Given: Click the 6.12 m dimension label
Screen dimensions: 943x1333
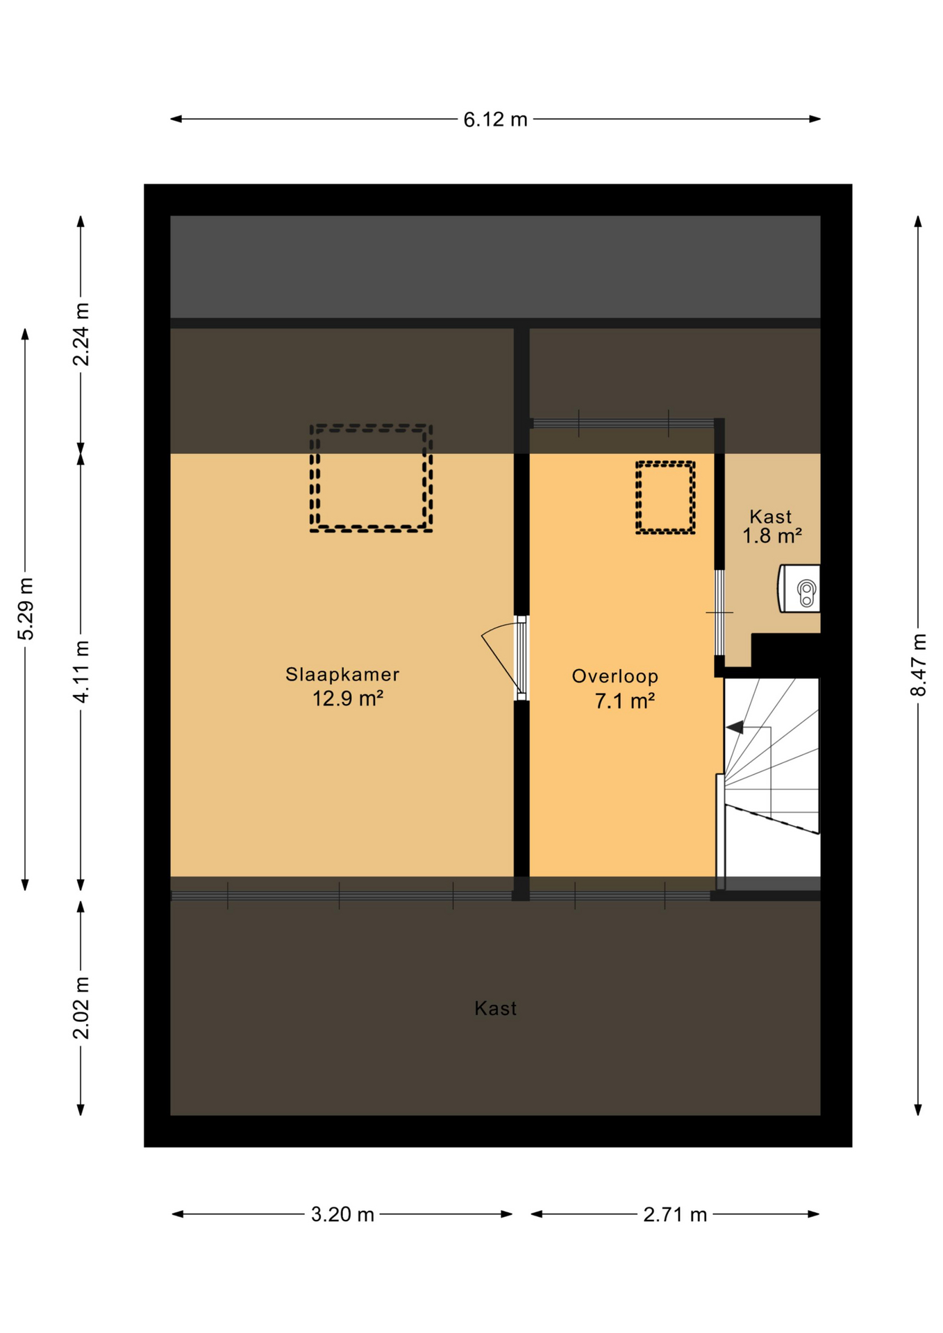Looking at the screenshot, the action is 495,119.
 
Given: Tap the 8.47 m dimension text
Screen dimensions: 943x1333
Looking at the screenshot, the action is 918,664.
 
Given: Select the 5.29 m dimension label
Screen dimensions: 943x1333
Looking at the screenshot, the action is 26,608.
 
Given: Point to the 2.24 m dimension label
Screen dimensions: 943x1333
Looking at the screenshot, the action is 81,334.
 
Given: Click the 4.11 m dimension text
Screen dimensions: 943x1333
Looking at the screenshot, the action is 81,671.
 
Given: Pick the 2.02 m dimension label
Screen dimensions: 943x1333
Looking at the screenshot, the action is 81,1007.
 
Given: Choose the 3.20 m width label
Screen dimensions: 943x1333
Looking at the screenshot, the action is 342,1214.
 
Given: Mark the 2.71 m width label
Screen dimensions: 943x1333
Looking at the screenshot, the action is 675,1214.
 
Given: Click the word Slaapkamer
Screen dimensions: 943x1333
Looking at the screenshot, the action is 342,674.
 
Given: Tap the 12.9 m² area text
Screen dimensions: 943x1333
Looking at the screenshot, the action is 348,698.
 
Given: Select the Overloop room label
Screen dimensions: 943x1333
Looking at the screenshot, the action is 615,676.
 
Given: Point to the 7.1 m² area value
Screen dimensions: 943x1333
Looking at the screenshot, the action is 624,701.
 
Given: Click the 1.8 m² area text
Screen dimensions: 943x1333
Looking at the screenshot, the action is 772,536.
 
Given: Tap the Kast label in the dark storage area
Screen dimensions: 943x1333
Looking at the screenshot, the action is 495,1008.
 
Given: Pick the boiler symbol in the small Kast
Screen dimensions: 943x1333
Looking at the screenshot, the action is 799,589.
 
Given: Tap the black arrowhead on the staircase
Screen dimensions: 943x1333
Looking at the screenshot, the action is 735,728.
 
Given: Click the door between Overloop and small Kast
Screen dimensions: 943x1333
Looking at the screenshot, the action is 719,612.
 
